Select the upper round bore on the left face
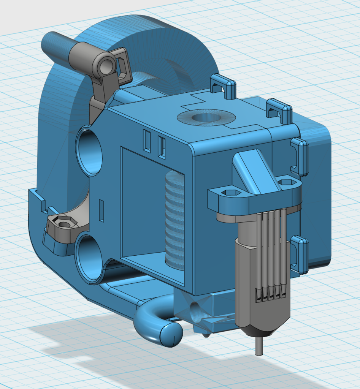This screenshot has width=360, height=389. coord(90,152)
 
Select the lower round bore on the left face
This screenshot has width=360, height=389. coord(89,259)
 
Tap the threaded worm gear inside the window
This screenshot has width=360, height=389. coord(175,220)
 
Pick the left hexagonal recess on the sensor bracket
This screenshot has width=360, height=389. coord(230,193)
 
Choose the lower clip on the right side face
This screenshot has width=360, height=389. coord(300,254)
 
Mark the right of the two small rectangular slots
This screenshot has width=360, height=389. coord(162,147)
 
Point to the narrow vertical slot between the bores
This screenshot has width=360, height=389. coord(101,210)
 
